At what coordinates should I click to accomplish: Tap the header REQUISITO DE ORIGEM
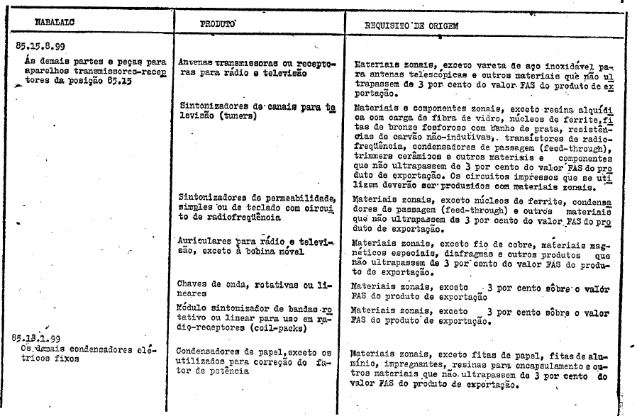pos(411,26)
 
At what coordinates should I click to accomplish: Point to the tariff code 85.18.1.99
pos(42,339)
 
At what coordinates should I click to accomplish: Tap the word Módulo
pos(193,309)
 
